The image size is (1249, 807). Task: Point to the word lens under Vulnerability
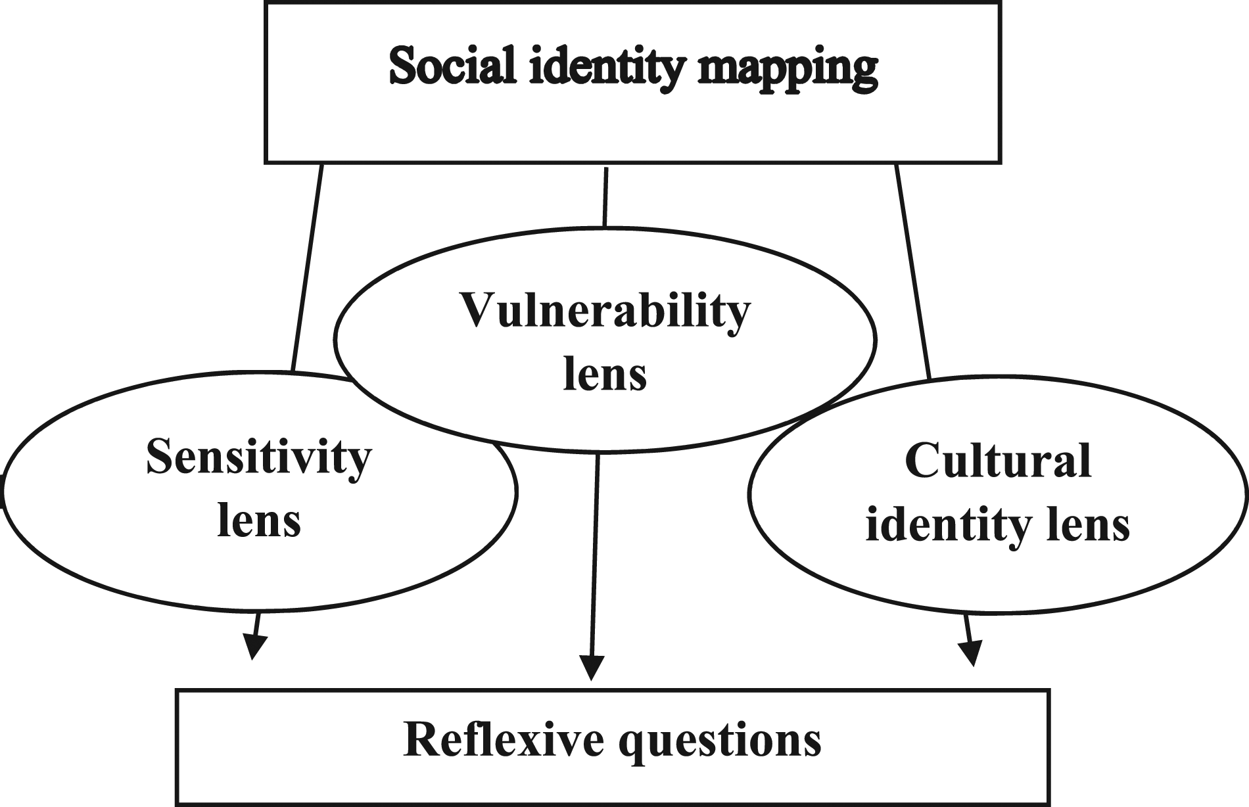click(605, 375)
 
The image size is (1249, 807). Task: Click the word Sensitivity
click(258, 458)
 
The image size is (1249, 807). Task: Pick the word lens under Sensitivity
click(258, 521)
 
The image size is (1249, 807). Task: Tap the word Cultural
click(997, 461)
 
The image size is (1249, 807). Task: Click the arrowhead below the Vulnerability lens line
click(592, 668)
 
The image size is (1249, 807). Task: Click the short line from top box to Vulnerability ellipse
click(605, 196)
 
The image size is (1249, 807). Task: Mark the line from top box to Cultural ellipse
click(913, 269)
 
